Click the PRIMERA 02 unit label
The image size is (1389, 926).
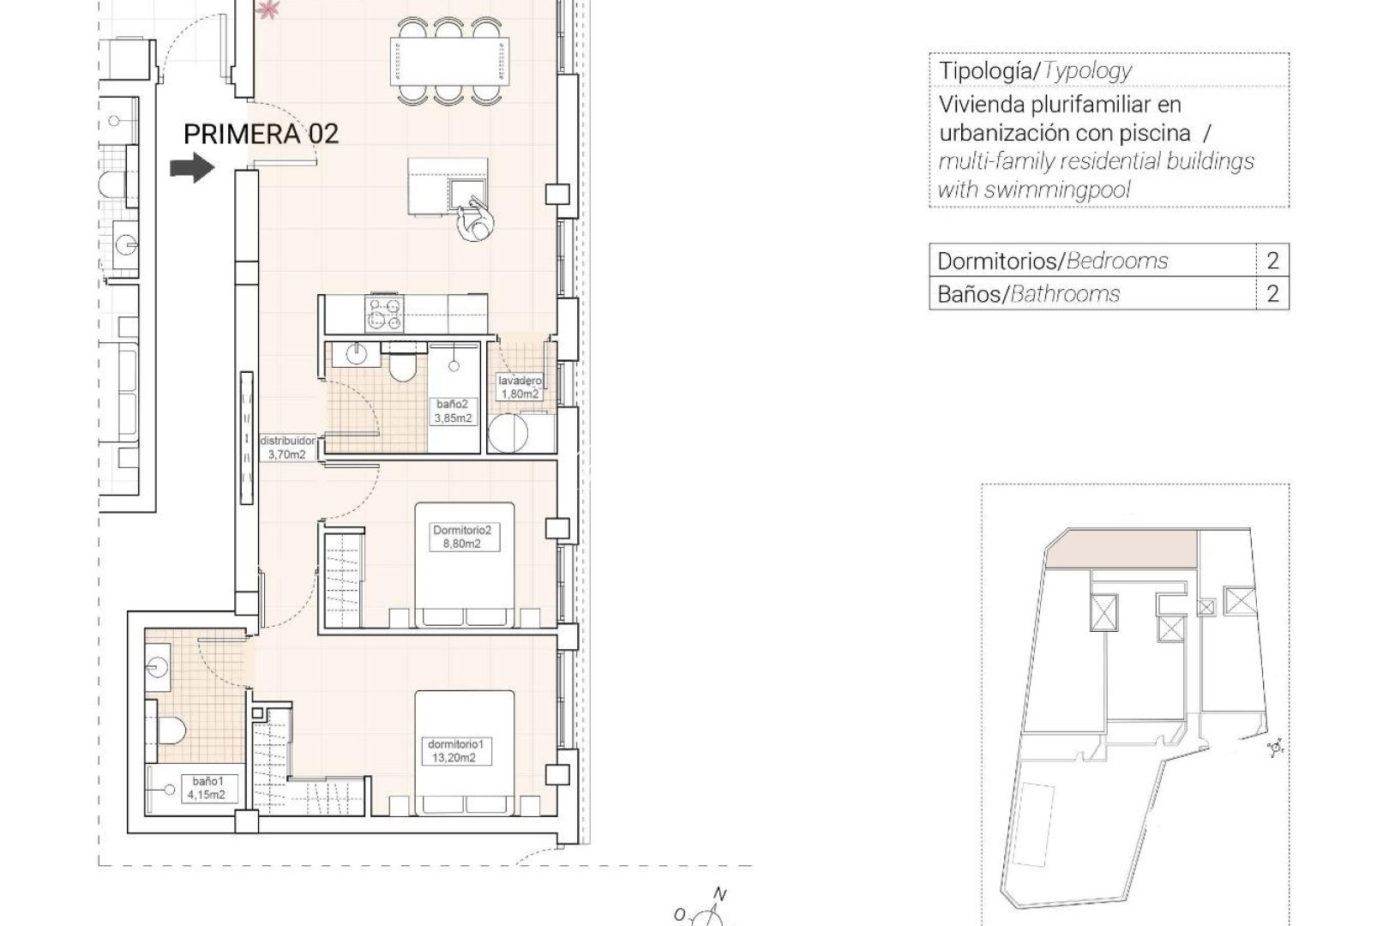[x=262, y=134]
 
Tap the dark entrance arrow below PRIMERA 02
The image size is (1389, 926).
[x=191, y=167]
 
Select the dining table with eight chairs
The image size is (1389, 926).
[x=447, y=61]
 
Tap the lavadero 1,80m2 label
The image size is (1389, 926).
[x=519, y=388]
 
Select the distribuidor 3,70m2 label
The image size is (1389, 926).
[x=288, y=448]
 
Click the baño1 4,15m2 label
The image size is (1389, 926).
[x=207, y=787]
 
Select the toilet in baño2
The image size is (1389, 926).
[x=400, y=367]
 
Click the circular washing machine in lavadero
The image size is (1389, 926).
[x=508, y=433]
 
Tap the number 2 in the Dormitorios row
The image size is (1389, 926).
[x=1272, y=261]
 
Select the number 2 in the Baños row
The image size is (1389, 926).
[x=1272, y=294]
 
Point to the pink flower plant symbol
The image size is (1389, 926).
[x=269, y=9]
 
